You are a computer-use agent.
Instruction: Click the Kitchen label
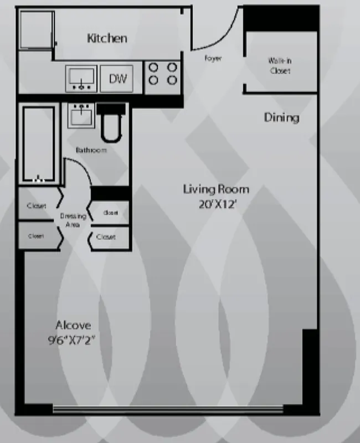coord(107,38)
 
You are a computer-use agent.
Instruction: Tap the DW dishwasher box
coord(117,79)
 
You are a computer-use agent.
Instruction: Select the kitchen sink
coord(82,79)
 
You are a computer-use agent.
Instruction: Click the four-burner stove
coord(163,74)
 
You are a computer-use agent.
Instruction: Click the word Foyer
coord(213,58)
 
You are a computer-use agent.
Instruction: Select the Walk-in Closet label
coord(280,66)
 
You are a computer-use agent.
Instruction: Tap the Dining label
coord(281,117)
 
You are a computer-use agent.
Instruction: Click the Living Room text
coord(216,189)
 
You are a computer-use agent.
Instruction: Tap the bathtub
coord(39,144)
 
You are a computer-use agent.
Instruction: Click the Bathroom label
coord(91,150)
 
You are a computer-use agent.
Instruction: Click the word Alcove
coord(73,325)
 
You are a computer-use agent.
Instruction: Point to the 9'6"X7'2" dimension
coord(73,340)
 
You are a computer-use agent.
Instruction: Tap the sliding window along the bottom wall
coord(168,410)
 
